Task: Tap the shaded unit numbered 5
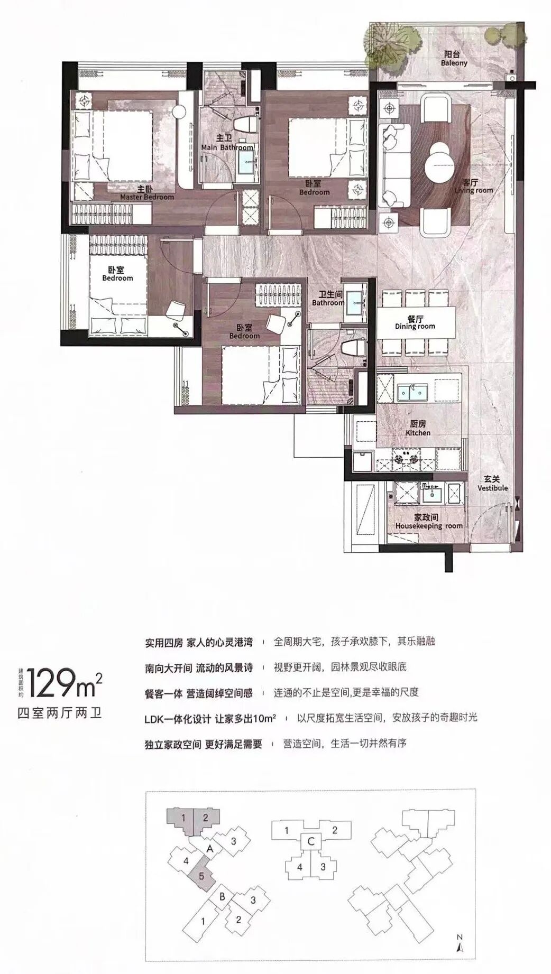tap(201, 875)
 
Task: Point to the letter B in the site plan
tap(223, 896)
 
